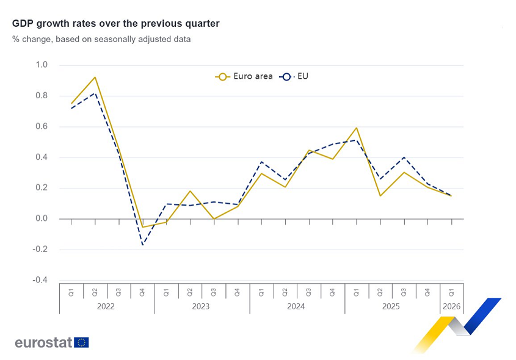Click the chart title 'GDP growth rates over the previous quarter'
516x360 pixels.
tap(115, 23)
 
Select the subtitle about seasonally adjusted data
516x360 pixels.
tap(101, 39)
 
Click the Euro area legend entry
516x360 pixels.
tap(244, 76)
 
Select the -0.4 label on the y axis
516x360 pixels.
tap(40, 280)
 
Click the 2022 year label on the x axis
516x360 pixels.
tap(106, 306)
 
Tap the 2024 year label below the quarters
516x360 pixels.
tap(296, 306)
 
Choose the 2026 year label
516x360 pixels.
tap(451, 306)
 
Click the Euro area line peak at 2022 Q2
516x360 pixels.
tap(95, 77)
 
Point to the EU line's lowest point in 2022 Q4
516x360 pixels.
tap(142, 245)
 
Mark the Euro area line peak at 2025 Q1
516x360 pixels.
tap(356, 128)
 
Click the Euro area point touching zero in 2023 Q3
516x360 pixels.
tap(214, 218)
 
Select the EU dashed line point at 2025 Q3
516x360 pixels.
tap(404, 157)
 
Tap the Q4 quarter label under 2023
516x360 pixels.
tap(238, 292)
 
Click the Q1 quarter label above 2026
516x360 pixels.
tap(451, 292)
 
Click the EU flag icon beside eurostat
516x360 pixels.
tap(81, 342)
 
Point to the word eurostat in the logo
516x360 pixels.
tap(43, 342)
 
